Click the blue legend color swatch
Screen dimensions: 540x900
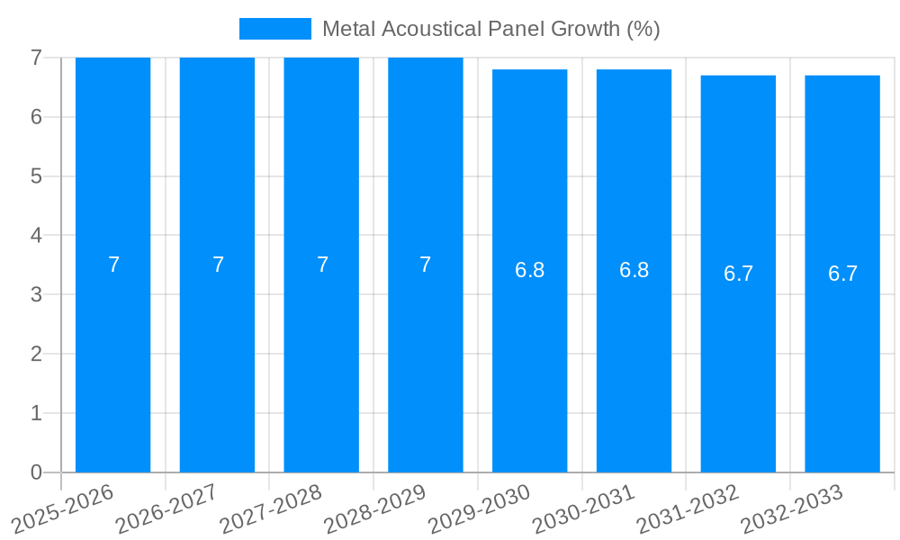pos(274,29)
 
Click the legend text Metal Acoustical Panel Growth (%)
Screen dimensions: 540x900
pos(490,29)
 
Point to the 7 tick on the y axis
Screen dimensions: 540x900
pos(36,58)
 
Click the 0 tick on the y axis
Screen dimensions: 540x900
pos(36,472)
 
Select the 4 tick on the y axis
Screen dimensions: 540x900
pos(36,236)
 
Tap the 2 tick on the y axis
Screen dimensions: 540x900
pos(36,354)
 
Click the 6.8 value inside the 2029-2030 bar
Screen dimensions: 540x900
pos(529,270)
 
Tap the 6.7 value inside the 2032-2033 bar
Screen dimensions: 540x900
pos(842,274)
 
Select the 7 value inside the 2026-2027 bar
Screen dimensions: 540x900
pos(218,265)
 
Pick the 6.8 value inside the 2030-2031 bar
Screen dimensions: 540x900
pos(634,270)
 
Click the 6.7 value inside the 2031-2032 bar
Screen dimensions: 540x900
pos(738,274)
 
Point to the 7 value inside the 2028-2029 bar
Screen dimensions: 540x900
pos(426,265)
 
